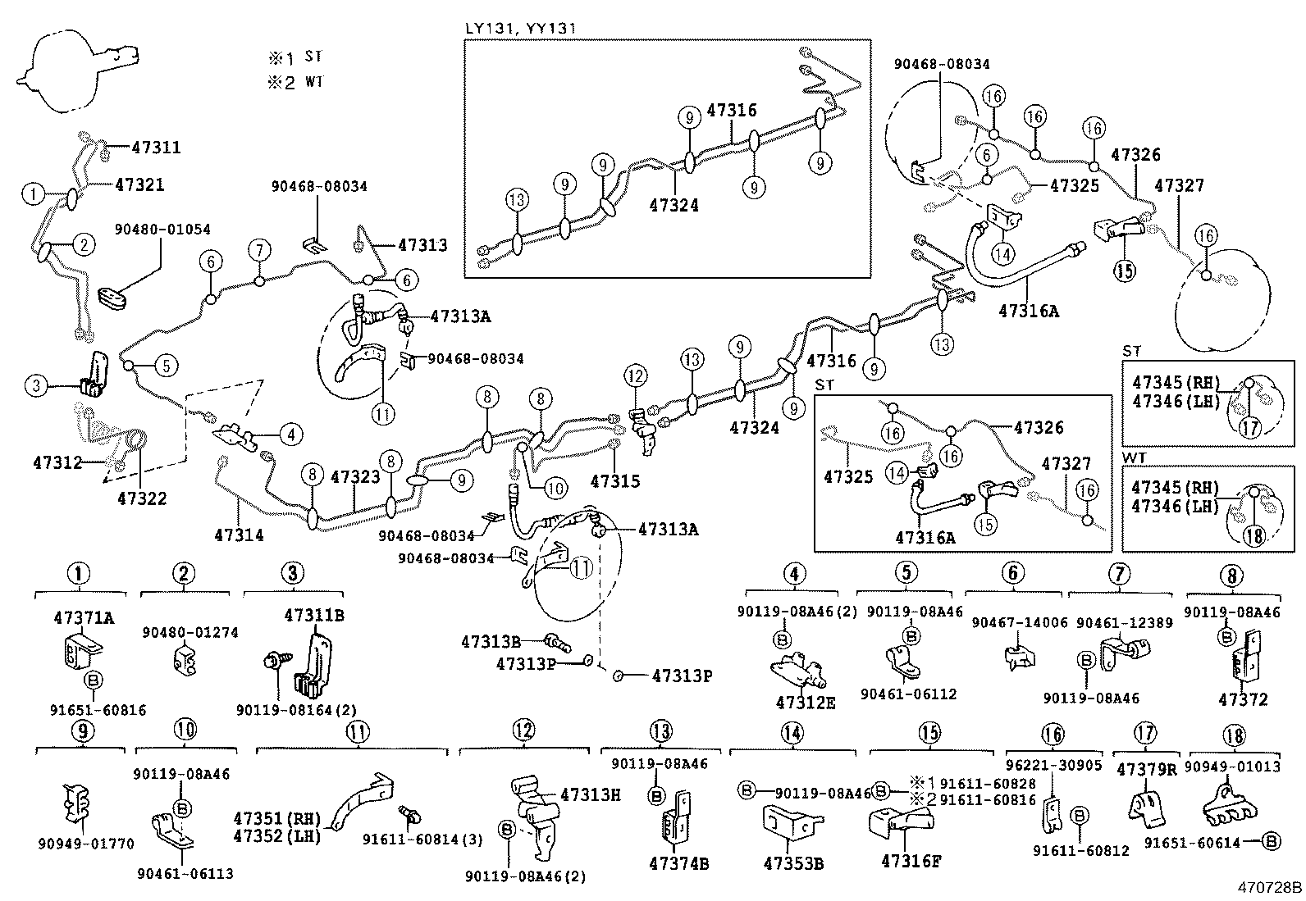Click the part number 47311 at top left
pyautogui.click(x=156, y=148)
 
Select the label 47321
pyautogui.click(x=139, y=185)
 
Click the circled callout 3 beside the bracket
pyautogui.click(x=36, y=385)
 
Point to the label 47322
pyautogui.click(x=141, y=498)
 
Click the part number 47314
pyautogui.click(x=239, y=535)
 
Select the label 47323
pyautogui.click(x=355, y=476)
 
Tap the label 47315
pyautogui.click(x=614, y=481)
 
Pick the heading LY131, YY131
pyautogui.click(x=521, y=29)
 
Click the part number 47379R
pyautogui.click(x=1146, y=769)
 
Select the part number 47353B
pyautogui.click(x=792, y=863)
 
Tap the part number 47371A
pyautogui.click(x=84, y=617)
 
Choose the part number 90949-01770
pyautogui.click(x=84, y=844)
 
